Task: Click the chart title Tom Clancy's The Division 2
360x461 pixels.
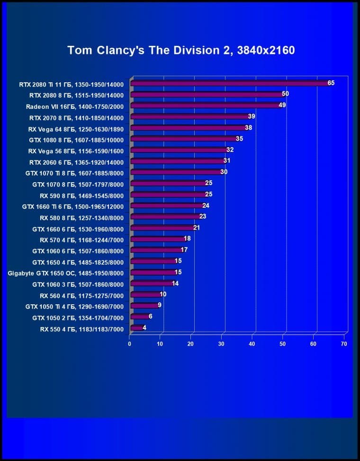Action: click(181, 50)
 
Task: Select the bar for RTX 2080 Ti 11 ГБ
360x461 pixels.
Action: click(230, 83)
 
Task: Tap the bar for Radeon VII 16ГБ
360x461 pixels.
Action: click(205, 105)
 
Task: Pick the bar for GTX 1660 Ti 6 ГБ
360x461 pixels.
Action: click(167, 206)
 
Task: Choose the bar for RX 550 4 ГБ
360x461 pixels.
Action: click(136, 328)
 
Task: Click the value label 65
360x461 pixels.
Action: click(331, 83)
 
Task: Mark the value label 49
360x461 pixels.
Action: click(282, 105)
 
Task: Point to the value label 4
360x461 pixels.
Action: click(144, 327)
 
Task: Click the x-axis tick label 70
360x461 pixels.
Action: click(344, 344)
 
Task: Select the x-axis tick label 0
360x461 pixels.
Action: click(130, 344)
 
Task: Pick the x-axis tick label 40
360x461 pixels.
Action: click(252, 344)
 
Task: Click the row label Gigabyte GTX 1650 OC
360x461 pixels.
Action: click(66, 273)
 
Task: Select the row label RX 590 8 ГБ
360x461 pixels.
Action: click(82, 195)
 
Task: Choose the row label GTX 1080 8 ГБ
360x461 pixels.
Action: click(76, 140)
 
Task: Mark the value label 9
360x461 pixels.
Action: click(160, 305)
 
